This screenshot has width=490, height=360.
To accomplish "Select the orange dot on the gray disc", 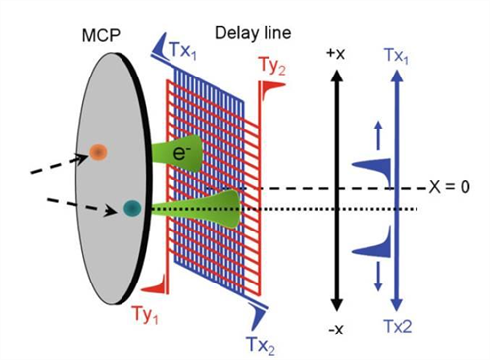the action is point(98,151).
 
